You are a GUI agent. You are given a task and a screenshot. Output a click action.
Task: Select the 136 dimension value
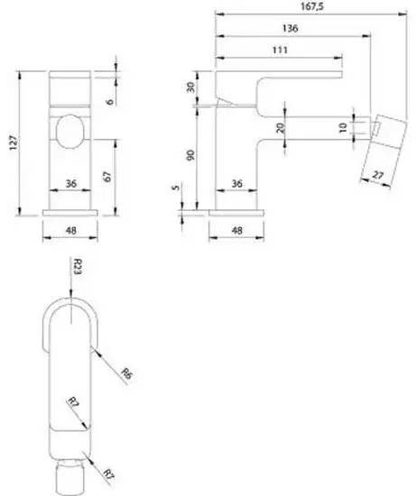[x=290, y=29]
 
